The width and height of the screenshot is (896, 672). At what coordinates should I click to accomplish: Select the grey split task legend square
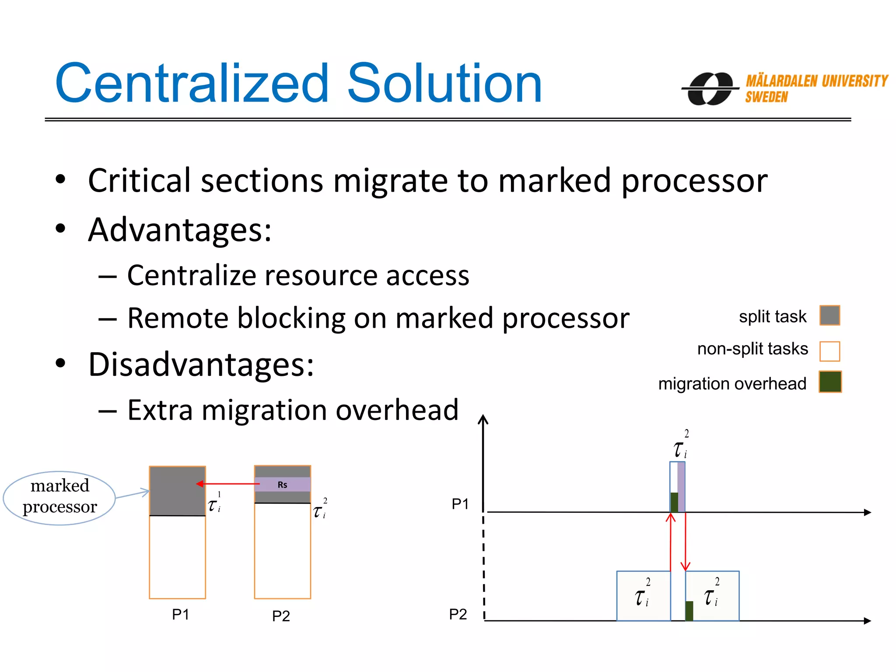(x=829, y=315)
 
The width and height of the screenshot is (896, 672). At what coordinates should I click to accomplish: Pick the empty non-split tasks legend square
(x=829, y=351)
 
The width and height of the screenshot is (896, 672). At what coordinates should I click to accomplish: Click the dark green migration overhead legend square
(x=830, y=382)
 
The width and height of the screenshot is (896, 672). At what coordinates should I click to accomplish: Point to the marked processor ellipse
(x=59, y=497)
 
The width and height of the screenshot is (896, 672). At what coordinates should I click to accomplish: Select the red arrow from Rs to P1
(x=227, y=483)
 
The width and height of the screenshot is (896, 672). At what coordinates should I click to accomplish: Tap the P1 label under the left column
(x=180, y=615)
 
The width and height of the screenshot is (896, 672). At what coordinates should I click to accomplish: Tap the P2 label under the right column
(x=281, y=616)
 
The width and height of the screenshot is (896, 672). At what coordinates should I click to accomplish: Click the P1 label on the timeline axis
(x=460, y=504)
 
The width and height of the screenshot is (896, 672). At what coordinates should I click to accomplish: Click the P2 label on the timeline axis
(x=458, y=614)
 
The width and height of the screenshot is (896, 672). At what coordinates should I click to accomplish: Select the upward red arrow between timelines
(x=671, y=542)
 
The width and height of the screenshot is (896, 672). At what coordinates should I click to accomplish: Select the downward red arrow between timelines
(x=686, y=542)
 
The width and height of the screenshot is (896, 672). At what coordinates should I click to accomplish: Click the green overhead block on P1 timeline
(x=674, y=502)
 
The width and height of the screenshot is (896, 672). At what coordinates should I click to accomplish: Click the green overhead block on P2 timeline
(x=689, y=611)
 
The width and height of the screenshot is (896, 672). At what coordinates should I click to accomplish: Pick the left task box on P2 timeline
(x=643, y=596)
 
